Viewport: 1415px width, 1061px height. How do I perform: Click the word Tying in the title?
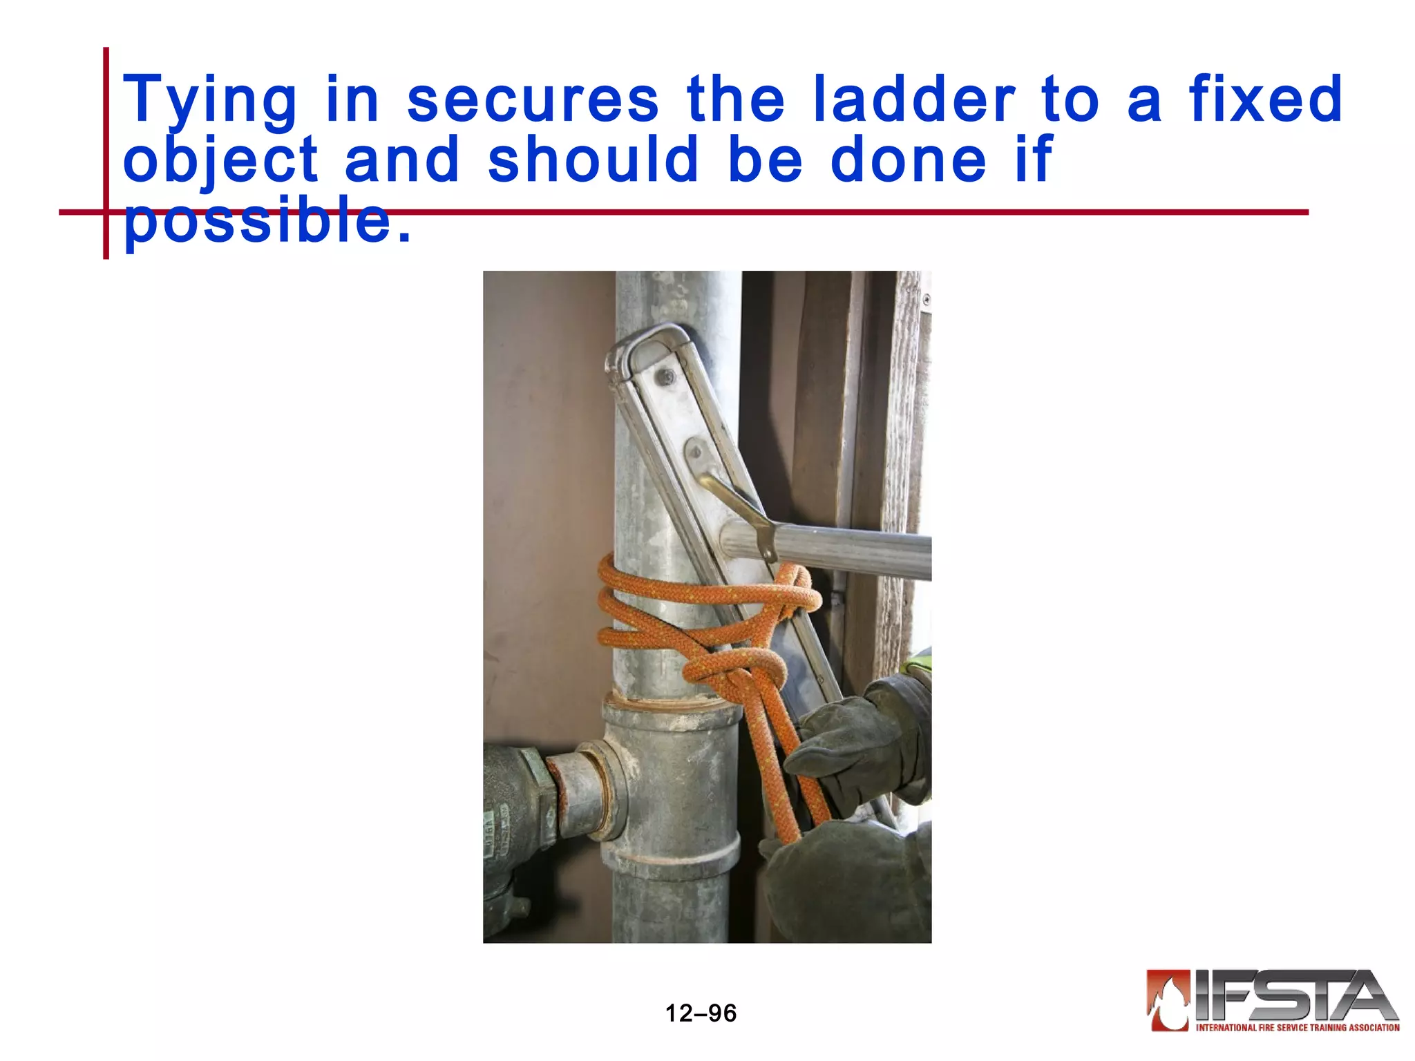pyautogui.click(x=210, y=101)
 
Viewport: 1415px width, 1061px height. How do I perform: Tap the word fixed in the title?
pyautogui.click(x=1266, y=99)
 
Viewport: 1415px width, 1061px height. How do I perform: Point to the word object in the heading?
pyautogui.click(x=220, y=160)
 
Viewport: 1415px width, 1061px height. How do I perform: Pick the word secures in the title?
pyautogui.click(x=533, y=101)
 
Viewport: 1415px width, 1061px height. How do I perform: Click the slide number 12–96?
pyautogui.click(x=701, y=1013)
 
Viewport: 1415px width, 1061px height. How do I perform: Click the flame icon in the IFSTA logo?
pyautogui.click(x=1168, y=1000)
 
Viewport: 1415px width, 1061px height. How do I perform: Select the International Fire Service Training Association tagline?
pyautogui.click(x=1297, y=1028)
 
